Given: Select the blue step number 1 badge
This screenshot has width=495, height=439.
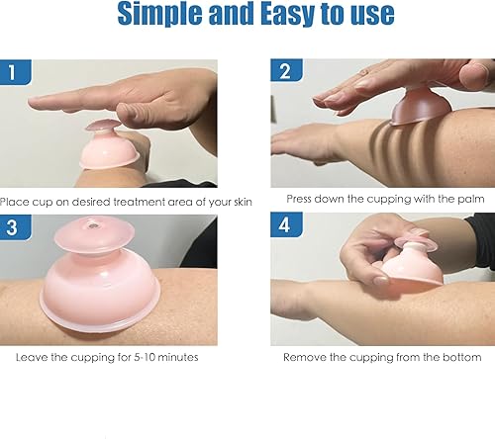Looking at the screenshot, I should pos(14,73).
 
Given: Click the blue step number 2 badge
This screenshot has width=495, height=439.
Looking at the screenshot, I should pos(284,72).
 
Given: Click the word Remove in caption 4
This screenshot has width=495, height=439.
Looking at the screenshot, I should pos(307,356).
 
